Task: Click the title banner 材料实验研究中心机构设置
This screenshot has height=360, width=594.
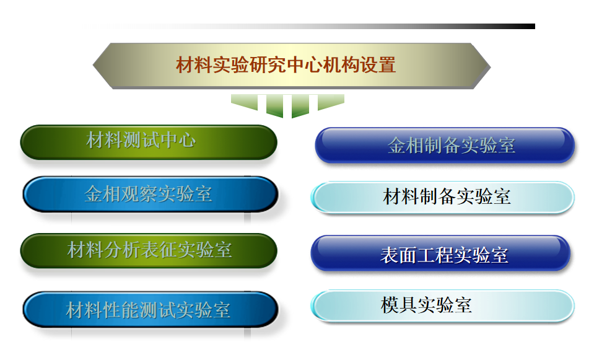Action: pyautogui.click(x=292, y=66)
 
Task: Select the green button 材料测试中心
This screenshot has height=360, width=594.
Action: pyautogui.click(x=149, y=142)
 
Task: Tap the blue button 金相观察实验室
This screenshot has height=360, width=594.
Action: pyautogui.click(x=151, y=194)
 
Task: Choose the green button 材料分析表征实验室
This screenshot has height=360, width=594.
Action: pyautogui.click(x=149, y=251)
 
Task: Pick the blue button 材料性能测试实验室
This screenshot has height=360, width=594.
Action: pyautogui.click(x=151, y=309)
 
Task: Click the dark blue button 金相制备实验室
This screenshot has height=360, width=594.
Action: pyautogui.click(x=445, y=146)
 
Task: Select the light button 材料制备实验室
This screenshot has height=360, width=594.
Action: pyautogui.click(x=442, y=197)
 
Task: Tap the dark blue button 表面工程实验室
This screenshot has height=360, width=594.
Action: pyautogui.click(x=440, y=253)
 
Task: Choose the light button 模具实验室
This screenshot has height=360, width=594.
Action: pyautogui.click(x=442, y=305)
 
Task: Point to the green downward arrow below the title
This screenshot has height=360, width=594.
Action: pyautogui.click(x=287, y=106)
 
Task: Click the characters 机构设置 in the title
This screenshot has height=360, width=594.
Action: pyautogui.click(x=359, y=65)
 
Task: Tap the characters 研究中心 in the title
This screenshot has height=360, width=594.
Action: pyautogui.click(x=286, y=65)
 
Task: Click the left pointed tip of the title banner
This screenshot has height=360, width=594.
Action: pyautogui.click(x=93, y=65)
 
